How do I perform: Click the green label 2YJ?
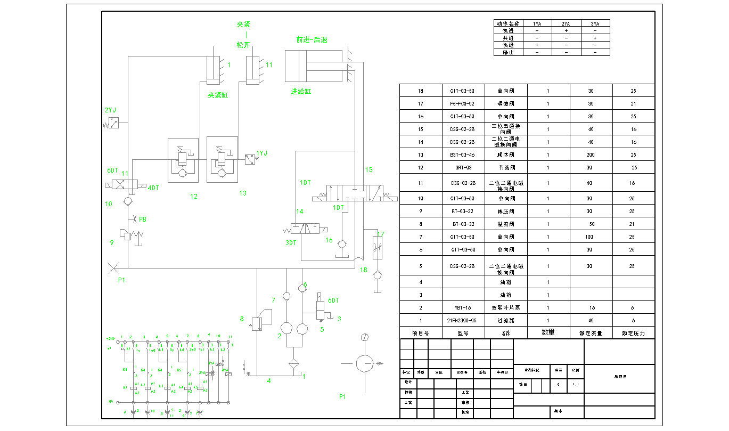pos(111,110)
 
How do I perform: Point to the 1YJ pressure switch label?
pos(262,153)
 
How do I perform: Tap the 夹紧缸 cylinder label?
pos(218,95)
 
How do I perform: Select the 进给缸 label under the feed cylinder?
pos(301,92)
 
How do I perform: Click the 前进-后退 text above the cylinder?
pos(312,39)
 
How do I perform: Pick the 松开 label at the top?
pos(243,45)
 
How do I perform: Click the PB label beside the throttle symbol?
pos(143,219)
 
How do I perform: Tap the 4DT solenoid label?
pos(153,188)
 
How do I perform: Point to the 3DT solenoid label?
pos(290,243)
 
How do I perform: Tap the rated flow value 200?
pos(591,155)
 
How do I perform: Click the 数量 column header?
pos(548,332)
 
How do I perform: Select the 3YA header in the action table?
pos(595,23)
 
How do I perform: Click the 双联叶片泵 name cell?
pos(506,308)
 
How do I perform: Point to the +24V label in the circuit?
pos(110,338)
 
